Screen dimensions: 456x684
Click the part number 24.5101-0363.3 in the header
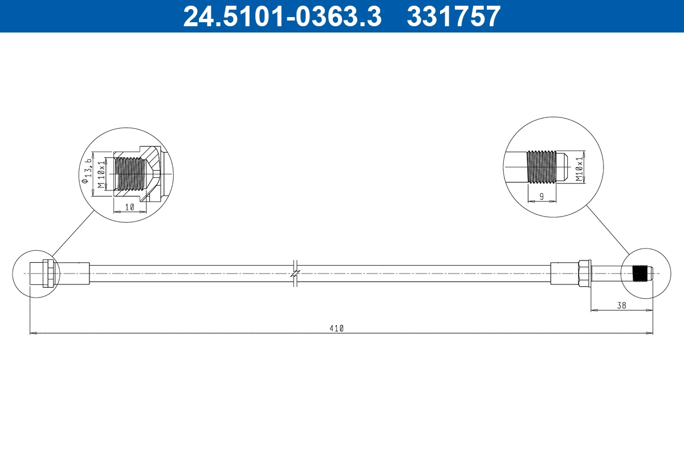click(282, 16)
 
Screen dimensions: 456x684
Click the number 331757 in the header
click(453, 16)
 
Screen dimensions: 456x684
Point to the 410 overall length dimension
click(337, 328)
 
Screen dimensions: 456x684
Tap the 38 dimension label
click(621, 306)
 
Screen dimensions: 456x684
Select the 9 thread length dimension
click(541, 196)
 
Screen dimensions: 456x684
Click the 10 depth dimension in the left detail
click(129, 207)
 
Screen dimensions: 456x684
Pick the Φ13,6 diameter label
click(87, 169)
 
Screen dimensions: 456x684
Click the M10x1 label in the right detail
click(580, 167)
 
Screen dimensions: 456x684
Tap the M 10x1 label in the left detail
click(101, 174)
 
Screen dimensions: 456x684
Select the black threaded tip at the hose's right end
click(642, 274)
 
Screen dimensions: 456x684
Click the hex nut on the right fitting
click(584, 274)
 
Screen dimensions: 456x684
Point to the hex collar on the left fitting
click(49, 274)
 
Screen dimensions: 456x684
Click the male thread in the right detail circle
click(541, 166)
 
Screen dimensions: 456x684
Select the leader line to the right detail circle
click(608, 230)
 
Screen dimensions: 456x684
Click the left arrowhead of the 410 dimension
click(32, 332)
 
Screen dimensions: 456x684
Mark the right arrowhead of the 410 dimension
click(650, 332)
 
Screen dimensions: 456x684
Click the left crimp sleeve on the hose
click(72, 274)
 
